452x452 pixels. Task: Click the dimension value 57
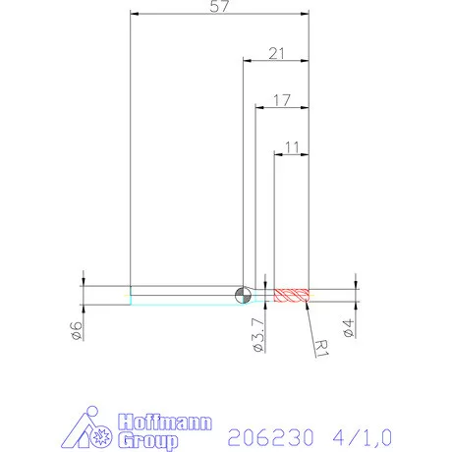click(220, 8)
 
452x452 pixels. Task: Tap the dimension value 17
click(282, 99)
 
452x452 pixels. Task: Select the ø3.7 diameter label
click(257, 334)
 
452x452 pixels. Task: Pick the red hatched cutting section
click(292, 294)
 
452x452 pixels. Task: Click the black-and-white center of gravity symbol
click(244, 294)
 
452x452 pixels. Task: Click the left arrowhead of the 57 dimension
click(135, 15)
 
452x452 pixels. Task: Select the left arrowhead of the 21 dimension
click(248, 60)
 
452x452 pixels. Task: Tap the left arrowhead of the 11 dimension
click(278, 154)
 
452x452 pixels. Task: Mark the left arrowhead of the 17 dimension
click(259, 107)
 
